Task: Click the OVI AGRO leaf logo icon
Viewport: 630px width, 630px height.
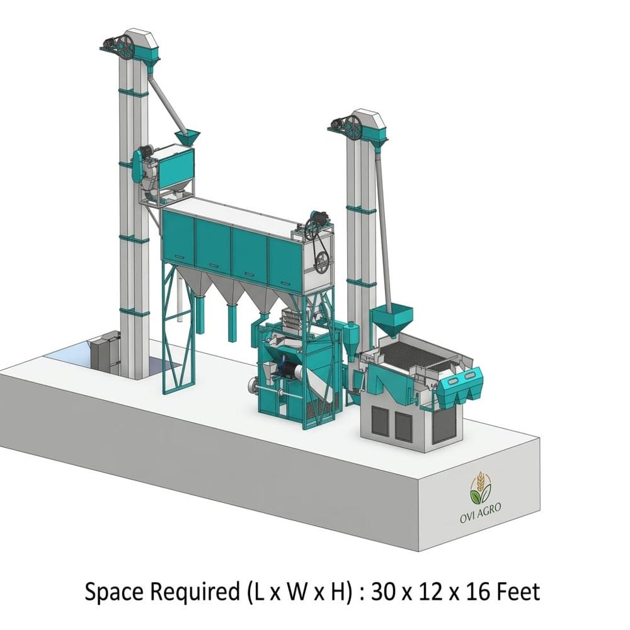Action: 480,488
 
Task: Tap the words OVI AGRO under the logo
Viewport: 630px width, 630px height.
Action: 481,513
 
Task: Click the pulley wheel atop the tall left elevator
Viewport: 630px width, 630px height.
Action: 125,47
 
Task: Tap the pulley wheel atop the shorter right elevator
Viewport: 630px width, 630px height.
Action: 353,127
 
